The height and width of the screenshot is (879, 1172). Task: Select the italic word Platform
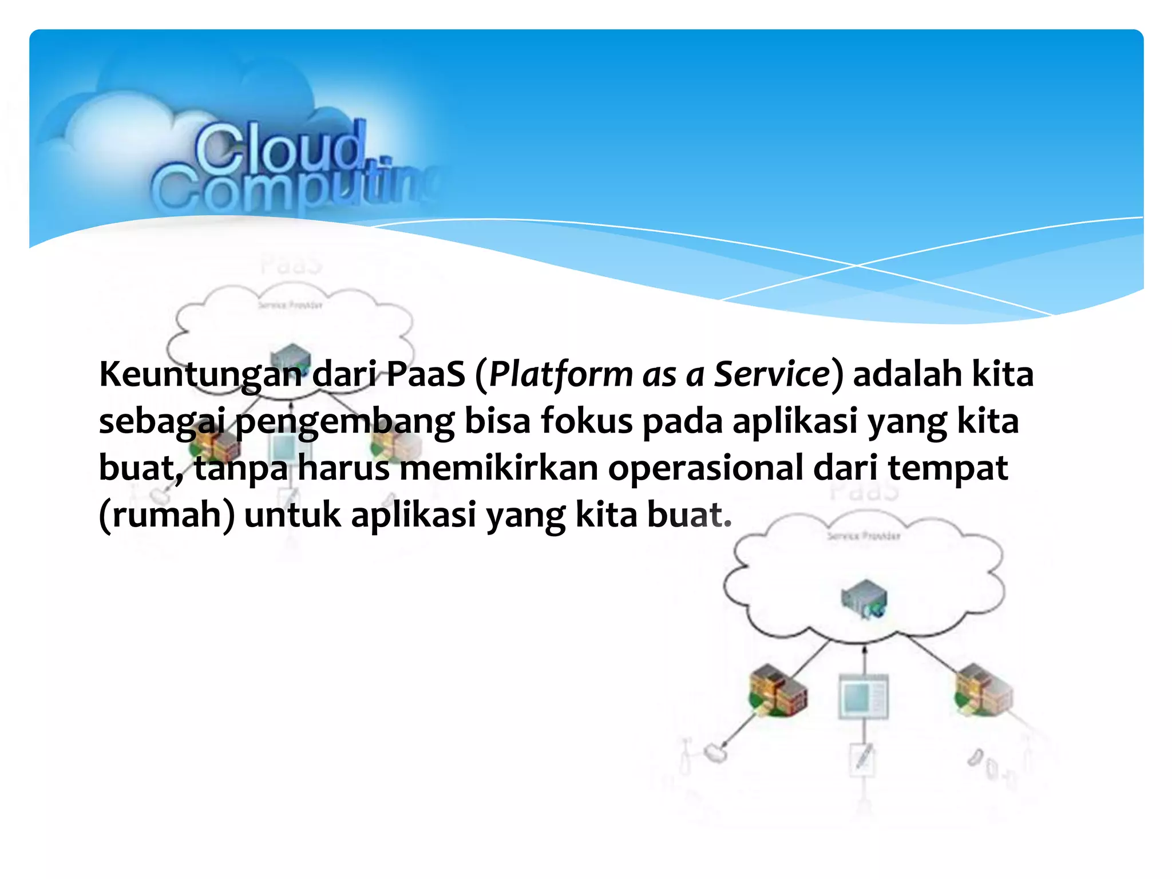pos(560,375)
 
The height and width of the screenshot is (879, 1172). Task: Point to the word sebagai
pos(161,422)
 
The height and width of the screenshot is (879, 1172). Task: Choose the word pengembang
pos(345,422)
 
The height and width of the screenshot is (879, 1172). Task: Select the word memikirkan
pos(498,468)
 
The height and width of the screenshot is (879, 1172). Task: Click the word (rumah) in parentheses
pos(167,515)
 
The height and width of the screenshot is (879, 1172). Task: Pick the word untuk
pos(292,515)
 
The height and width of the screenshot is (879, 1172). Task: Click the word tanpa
pos(241,469)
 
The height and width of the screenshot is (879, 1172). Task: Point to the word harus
pos(343,468)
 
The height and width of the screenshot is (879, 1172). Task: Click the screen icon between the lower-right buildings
pos(864,696)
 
